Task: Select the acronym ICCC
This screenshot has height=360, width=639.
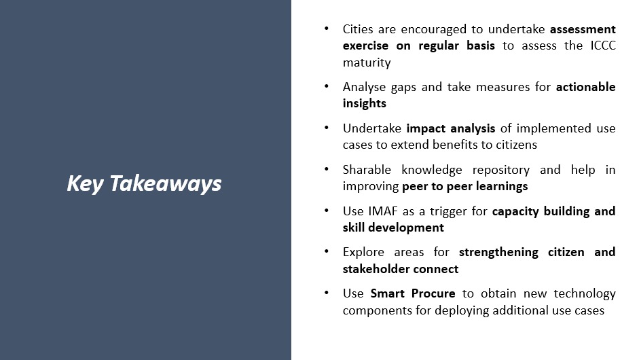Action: [601, 46]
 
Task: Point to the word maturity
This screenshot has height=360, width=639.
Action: [367, 62]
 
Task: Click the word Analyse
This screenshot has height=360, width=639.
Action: [365, 87]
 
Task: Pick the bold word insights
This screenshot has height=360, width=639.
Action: [365, 103]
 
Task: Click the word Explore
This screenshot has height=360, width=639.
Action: [363, 252]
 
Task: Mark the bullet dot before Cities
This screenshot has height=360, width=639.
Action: [327, 29]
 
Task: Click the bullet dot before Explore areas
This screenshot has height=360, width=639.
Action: [327, 252]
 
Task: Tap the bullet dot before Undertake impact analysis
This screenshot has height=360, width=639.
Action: [327, 128]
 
